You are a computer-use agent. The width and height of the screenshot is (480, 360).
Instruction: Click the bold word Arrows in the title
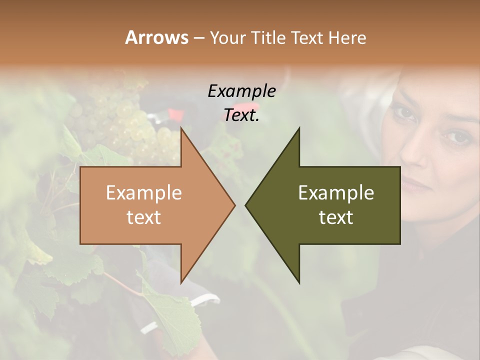pos(156,37)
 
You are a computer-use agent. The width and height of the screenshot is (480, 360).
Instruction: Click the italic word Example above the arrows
pos(242,91)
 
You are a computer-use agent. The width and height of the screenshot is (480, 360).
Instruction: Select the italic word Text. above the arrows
pos(242,115)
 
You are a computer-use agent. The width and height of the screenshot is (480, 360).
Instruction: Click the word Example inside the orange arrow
pos(144,192)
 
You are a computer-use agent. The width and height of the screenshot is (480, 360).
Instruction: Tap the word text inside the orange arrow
pos(144,217)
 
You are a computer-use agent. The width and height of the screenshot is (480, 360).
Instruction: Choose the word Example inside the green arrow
pos(336,192)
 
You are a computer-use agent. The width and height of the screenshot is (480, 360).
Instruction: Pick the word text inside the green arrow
pos(336,217)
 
